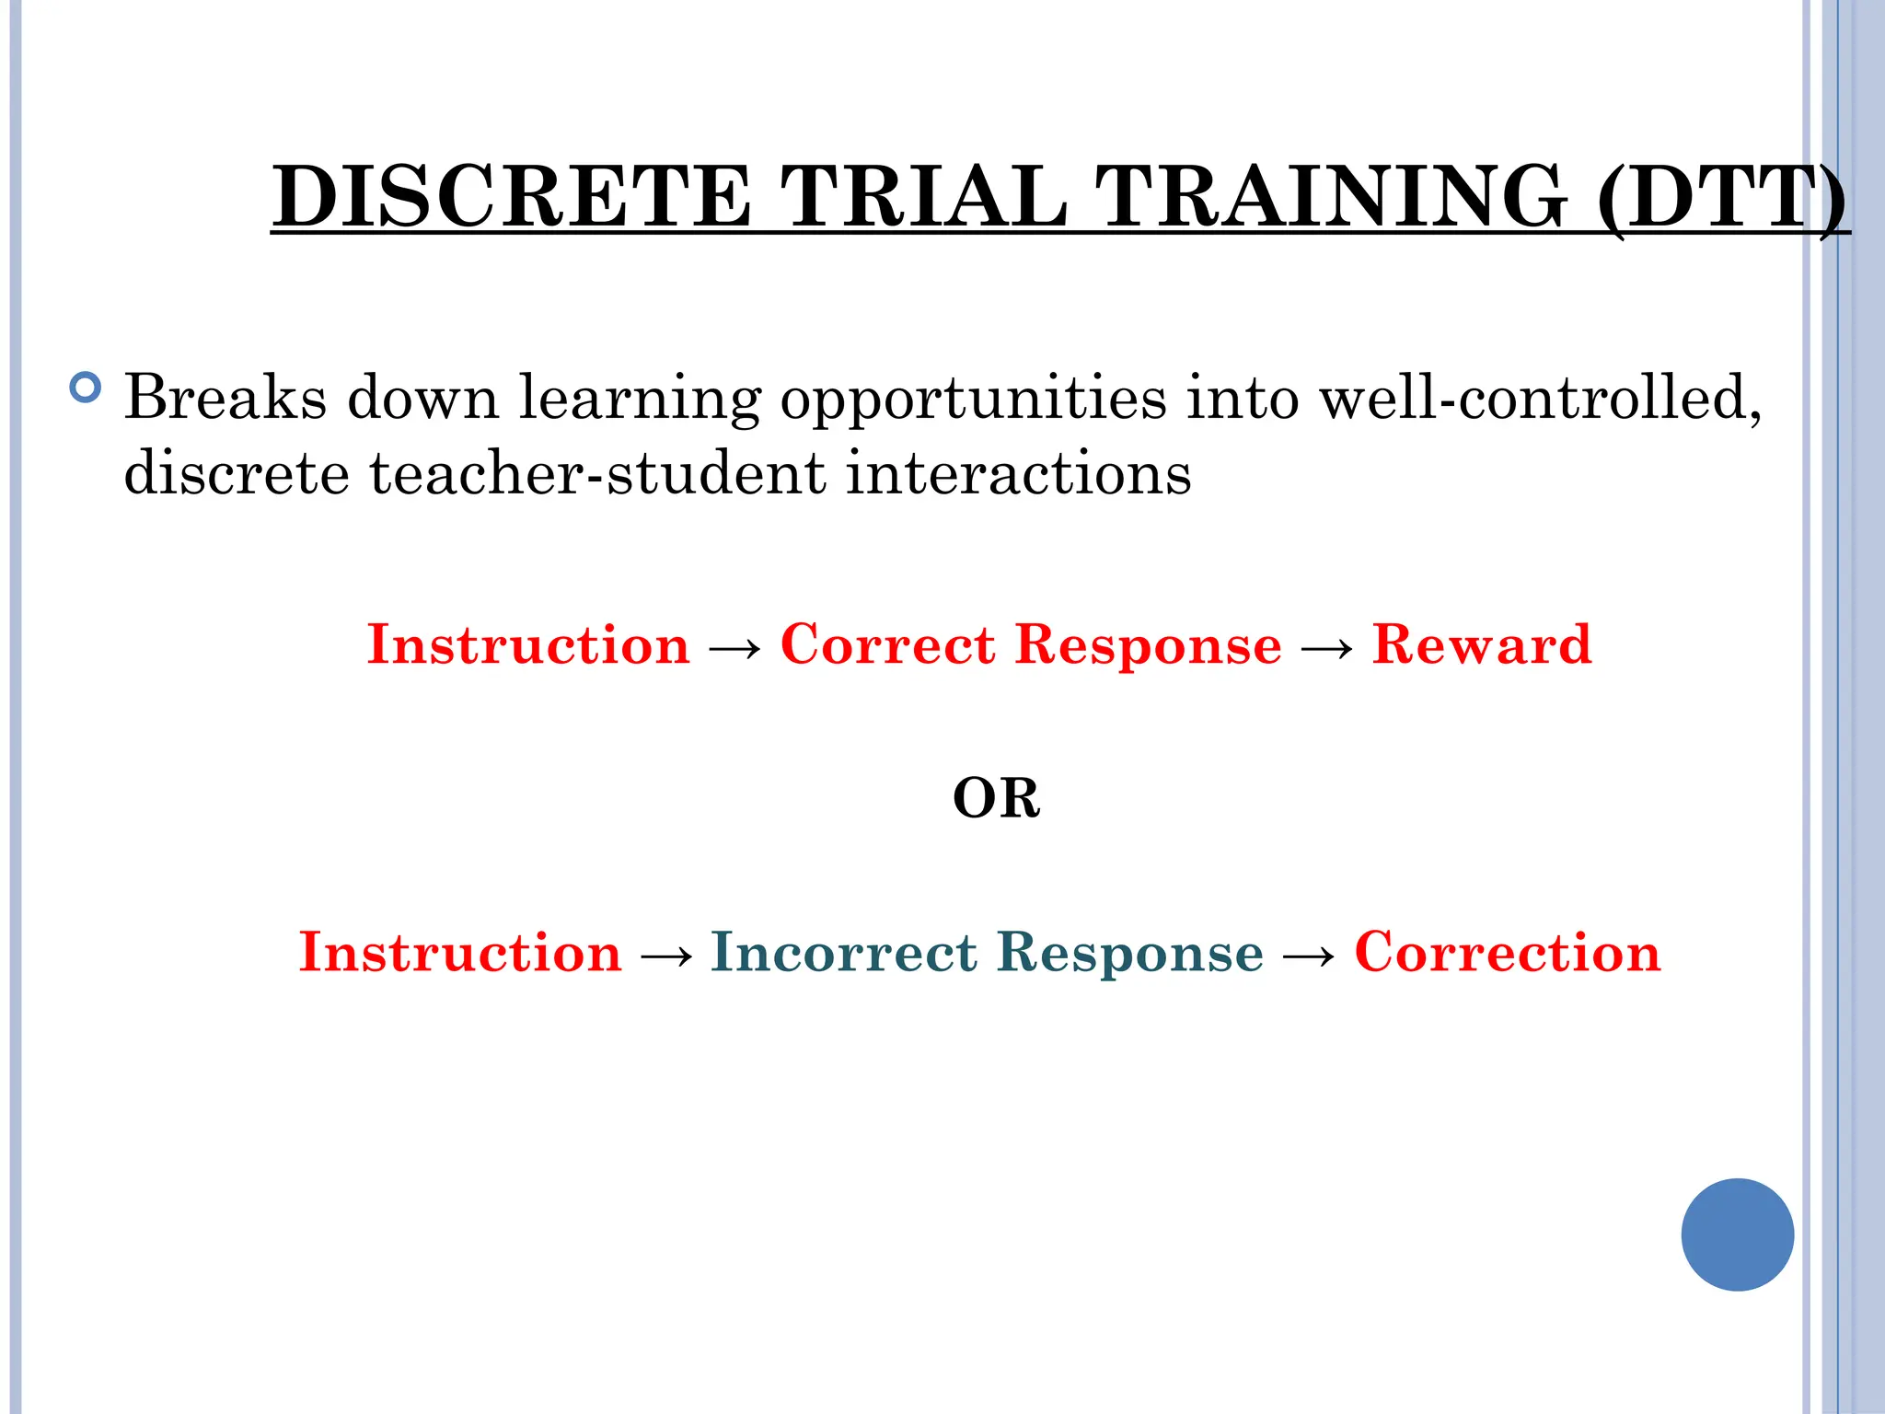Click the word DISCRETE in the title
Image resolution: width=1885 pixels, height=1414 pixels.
click(512, 196)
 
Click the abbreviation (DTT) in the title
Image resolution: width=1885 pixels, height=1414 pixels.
click(1721, 196)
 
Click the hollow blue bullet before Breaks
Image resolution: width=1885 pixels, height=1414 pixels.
click(85, 388)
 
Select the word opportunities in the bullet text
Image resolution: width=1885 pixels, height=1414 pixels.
click(974, 399)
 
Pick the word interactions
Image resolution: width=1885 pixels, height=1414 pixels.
click(1018, 473)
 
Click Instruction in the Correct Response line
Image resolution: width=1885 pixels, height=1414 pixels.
click(528, 644)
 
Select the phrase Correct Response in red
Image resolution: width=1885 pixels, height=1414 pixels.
click(1031, 644)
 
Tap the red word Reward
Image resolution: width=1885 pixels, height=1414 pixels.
click(1481, 644)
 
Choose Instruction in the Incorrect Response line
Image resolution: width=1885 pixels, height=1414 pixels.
click(460, 952)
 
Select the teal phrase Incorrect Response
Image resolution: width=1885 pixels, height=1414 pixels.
click(987, 952)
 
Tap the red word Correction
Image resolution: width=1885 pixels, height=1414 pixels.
click(1508, 952)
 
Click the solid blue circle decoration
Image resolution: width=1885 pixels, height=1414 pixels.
click(1737, 1234)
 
